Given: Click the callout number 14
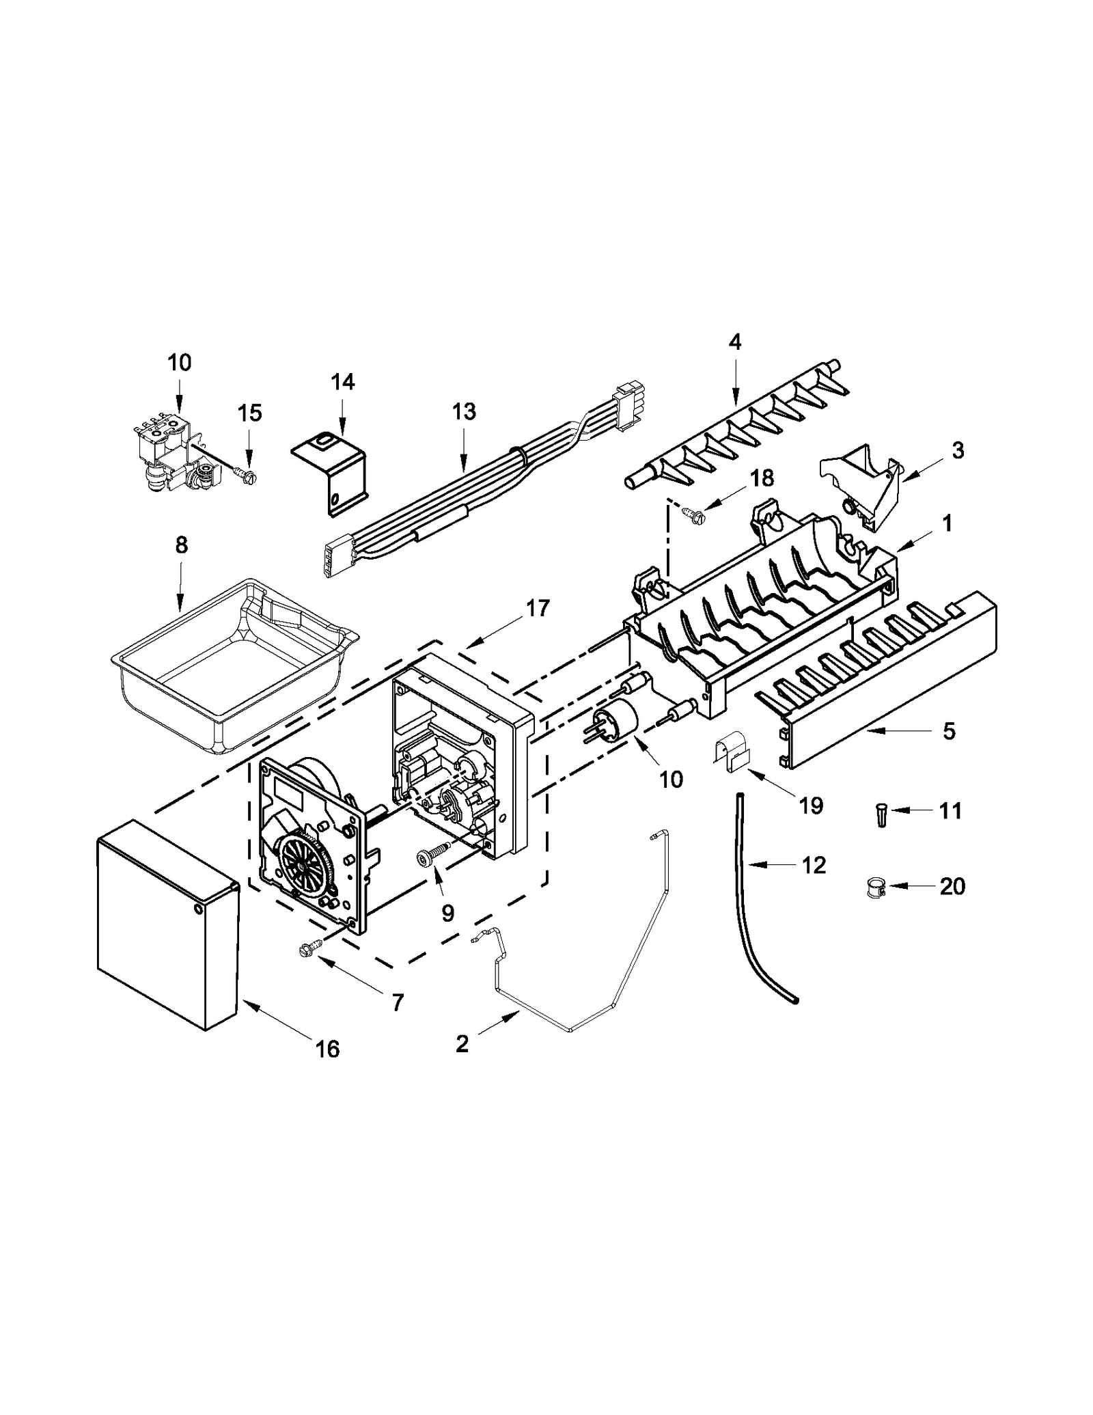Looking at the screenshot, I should click(343, 382).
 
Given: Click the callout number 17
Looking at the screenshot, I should click(538, 607).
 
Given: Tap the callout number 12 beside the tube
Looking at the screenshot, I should click(814, 865).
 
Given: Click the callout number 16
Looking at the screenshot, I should click(328, 1048).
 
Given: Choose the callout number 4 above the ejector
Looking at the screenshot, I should click(734, 342).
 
